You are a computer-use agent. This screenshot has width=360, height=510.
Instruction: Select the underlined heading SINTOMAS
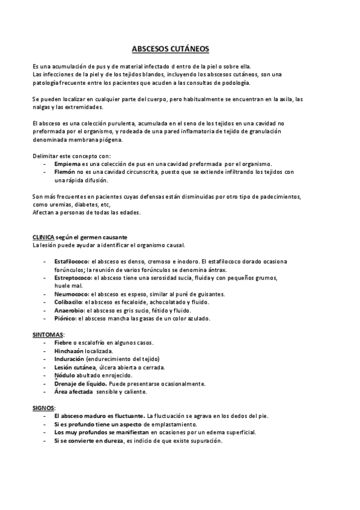click(x=47, y=334)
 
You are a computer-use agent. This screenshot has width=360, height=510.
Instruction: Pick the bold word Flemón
click(x=64, y=171)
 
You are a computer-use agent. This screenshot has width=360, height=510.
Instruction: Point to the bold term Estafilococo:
click(x=72, y=260)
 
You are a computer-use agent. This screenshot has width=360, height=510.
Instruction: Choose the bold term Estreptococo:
click(x=72, y=278)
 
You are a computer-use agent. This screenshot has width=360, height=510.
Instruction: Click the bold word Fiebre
click(x=63, y=342)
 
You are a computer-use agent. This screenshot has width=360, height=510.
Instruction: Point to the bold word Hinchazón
click(x=69, y=351)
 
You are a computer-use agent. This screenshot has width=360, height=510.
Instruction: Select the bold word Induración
click(x=69, y=358)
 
